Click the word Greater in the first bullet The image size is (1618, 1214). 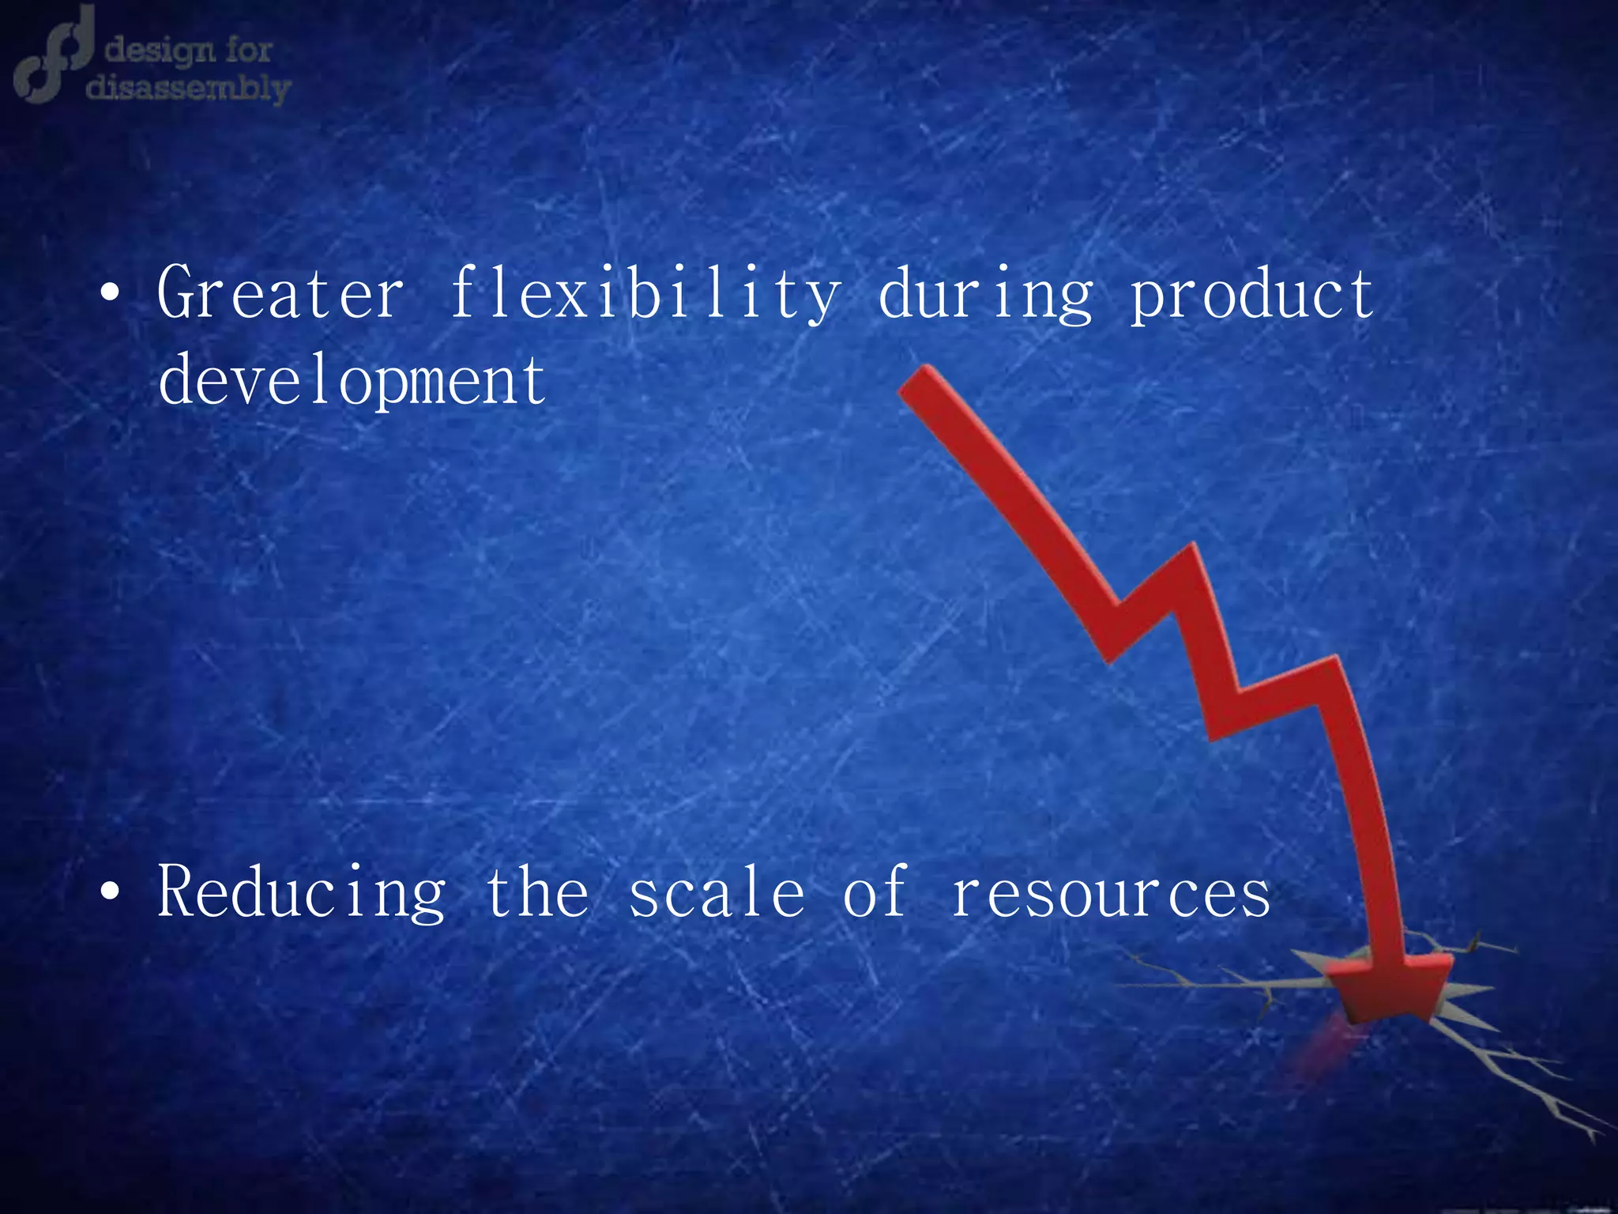point(280,294)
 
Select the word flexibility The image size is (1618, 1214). point(644,294)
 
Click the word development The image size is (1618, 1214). point(352,381)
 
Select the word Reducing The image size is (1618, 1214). point(302,893)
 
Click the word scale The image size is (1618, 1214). point(717,893)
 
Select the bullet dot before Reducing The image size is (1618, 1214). point(111,893)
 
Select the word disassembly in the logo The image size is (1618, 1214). point(188,89)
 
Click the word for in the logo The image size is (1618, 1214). point(249,50)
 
